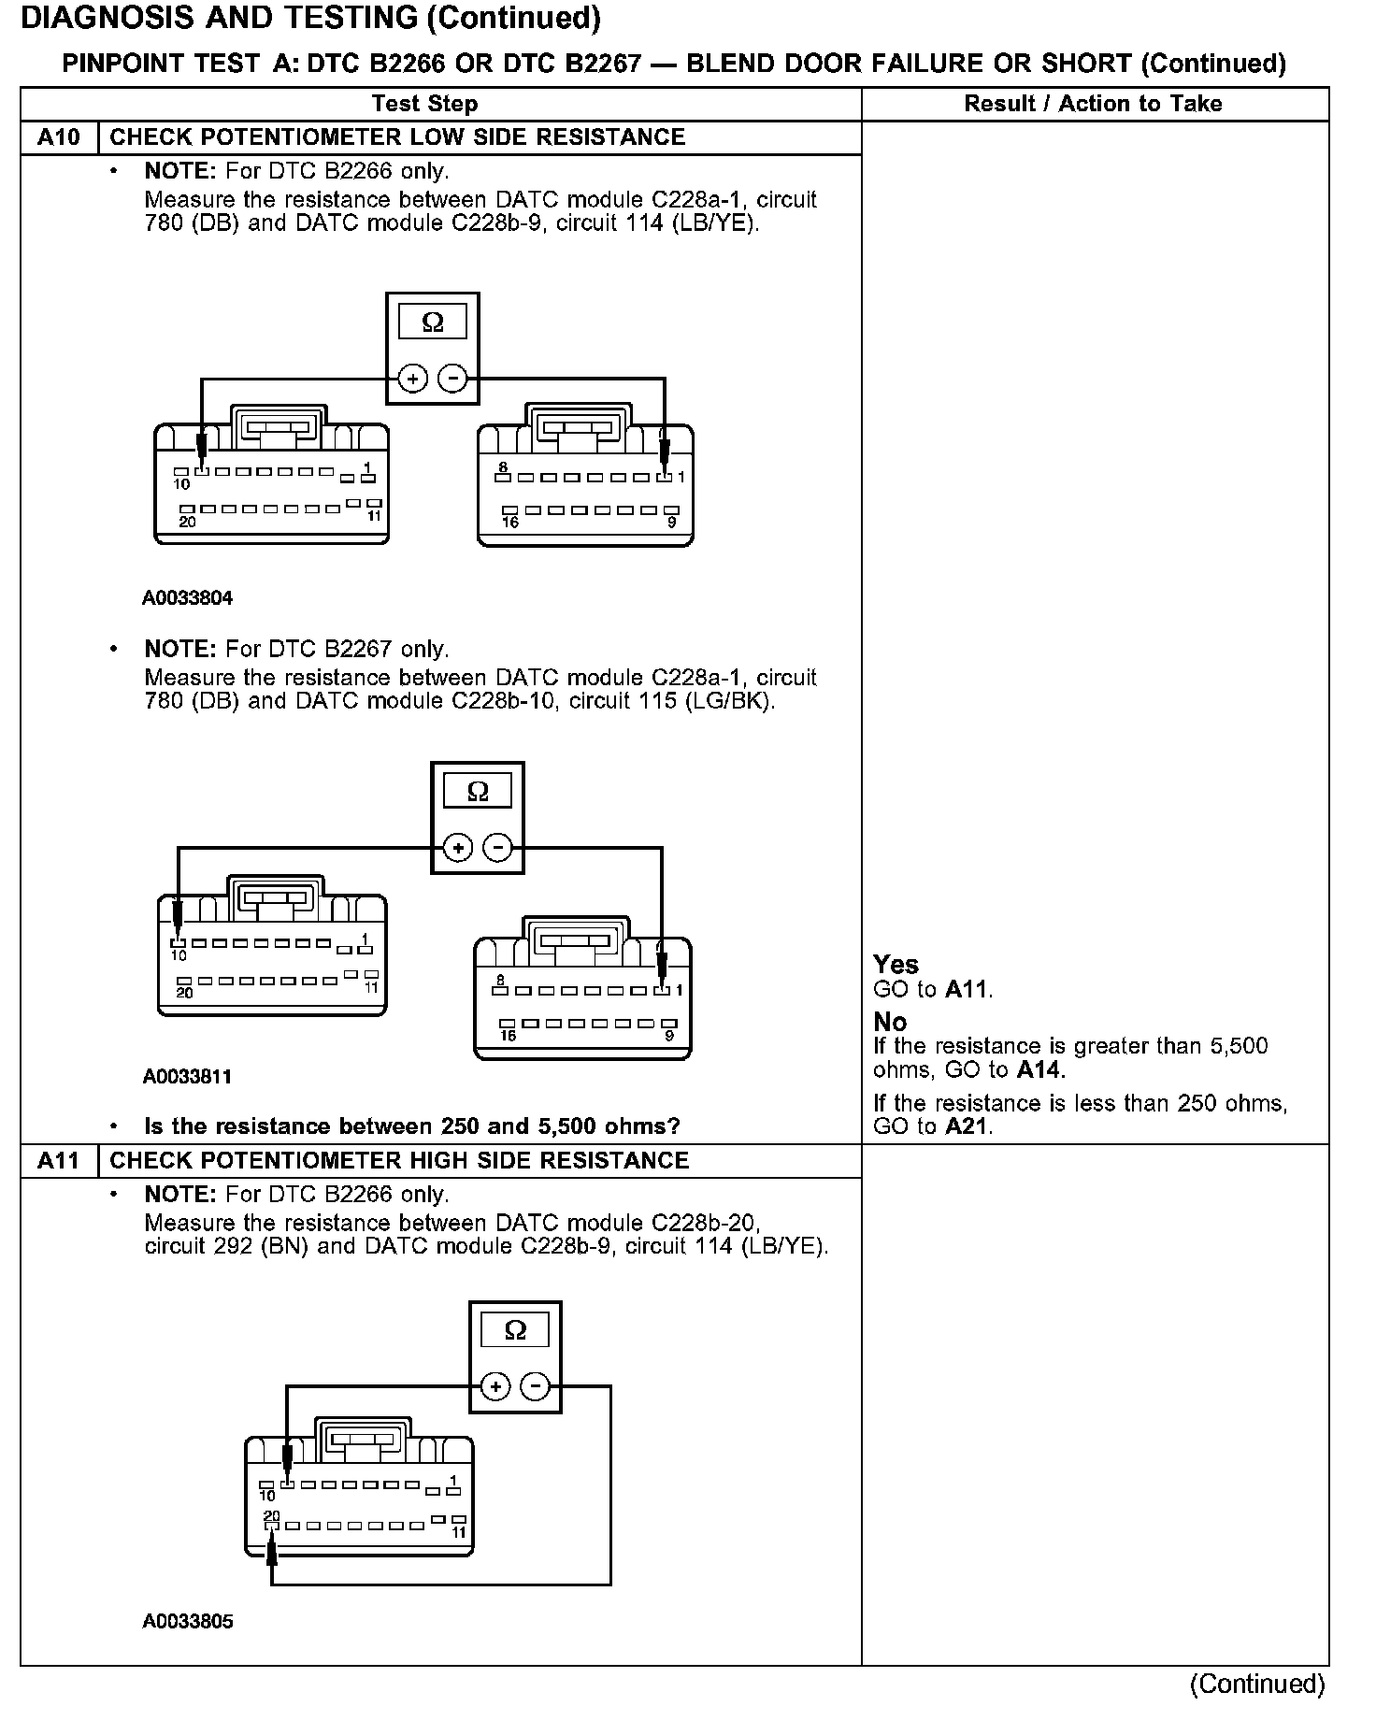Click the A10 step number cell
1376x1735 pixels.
point(59,137)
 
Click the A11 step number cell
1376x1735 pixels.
point(59,1160)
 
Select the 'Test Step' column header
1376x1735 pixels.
point(424,104)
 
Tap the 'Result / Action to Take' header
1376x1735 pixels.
point(1093,104)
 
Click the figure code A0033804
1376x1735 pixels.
point(187,598)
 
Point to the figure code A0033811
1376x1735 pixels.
point(187,1077)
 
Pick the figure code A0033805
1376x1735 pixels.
point(188,1622)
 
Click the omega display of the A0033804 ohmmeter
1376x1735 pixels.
point(433,323)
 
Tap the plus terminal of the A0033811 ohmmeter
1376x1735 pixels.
point(457,848)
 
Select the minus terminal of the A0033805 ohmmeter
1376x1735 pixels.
point(535,1386)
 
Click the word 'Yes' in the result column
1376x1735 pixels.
point(896,965)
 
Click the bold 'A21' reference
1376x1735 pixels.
point(966,1126)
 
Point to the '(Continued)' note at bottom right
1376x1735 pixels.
point(1257,1684)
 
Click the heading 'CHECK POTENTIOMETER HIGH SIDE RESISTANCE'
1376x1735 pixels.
point(399,1160)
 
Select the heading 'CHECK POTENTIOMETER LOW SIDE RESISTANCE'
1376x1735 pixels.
point(397,137)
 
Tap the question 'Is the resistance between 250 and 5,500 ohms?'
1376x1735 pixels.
point(412,1126)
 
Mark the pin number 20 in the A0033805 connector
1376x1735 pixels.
point(271,1515)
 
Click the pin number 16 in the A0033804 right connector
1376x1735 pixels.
point(510,523)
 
